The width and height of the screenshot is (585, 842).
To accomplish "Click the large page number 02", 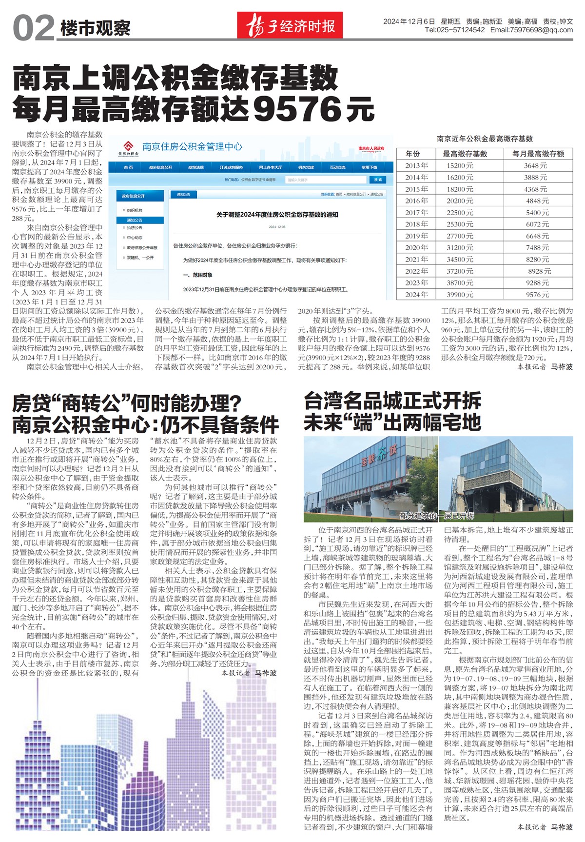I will (x=33, y=29).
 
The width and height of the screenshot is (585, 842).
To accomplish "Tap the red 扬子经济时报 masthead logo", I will (x=290, y=25).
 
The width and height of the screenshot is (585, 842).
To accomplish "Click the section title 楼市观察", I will (x=96, y=28).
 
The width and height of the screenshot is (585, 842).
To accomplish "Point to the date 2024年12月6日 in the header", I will (x=409, y=21).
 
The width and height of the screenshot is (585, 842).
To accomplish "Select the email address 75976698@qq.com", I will (x=542, y=30).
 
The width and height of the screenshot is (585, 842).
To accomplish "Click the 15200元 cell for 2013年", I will (x=460, y=166).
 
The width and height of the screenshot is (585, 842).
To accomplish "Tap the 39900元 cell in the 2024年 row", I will (x=460, y=295).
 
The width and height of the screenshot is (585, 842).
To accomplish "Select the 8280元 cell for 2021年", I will (x=537, y=260).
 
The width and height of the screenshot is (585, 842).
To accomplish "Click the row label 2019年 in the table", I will (x=416, y=236).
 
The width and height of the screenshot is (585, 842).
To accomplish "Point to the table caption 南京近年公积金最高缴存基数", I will (x=485, y=139).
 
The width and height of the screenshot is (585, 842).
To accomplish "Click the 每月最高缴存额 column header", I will (x=538, y=154).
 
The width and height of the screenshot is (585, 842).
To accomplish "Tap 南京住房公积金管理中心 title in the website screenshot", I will (x=192, y=146).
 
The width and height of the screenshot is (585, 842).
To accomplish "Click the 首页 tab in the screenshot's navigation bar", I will (x=128, y=167).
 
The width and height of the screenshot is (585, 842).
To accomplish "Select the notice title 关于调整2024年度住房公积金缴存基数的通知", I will (x=277, y=215).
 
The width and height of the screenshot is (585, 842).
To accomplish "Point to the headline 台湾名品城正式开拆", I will (x=392, y=401).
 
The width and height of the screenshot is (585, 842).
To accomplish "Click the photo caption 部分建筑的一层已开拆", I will (x=436, y=516).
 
